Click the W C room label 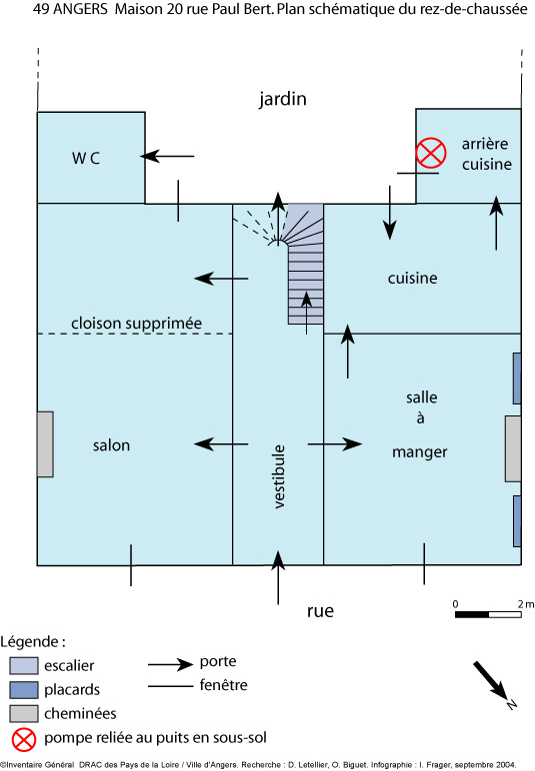coord(86,158)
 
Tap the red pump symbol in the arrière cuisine coord(431,153)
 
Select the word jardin coord(283,99)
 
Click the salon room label coord(112,445)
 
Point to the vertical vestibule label coord(279,476)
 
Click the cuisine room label coord(412,279)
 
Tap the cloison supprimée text coord(136,323)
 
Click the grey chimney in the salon coord(45,444)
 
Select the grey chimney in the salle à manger coord(513,448)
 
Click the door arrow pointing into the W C coord(167,156)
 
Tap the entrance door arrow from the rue coord(278,577)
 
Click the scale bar coord(488,614)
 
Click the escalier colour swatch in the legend coord(24,665)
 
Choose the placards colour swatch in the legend coord(24,689)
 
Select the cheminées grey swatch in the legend coord(24,713)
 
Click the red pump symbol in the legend coord(24,739)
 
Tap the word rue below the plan coord(320,611)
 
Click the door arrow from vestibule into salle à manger coord(335,444)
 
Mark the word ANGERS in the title coord(80,9)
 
